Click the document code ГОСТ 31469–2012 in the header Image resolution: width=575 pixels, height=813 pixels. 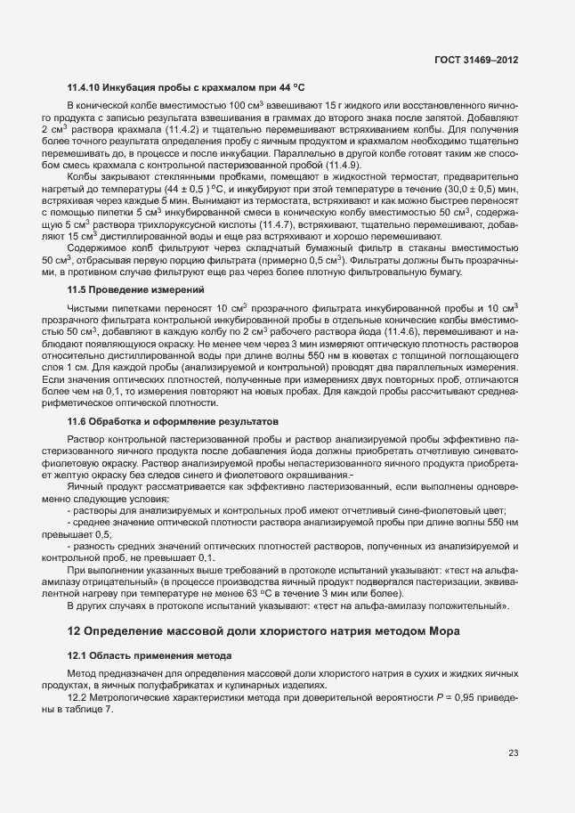476,60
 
